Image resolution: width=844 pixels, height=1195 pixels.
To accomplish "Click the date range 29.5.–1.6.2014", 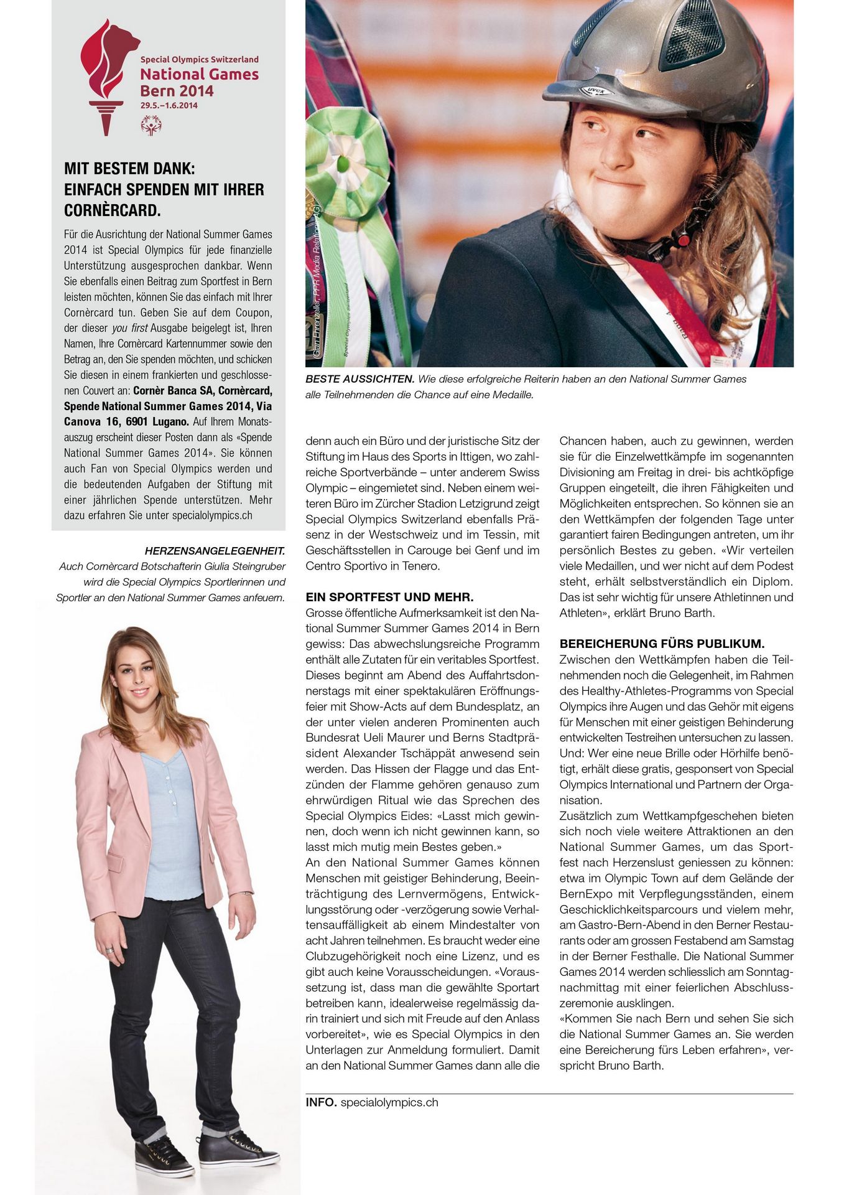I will pyautogui.click(x=169, y=105).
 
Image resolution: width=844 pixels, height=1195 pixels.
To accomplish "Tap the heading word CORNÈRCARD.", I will pyautogui.click(x=113, y=210).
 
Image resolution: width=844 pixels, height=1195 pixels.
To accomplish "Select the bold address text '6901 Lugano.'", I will pyautogui.click(x=159, y=422).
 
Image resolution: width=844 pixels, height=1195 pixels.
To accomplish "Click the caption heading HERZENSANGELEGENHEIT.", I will pyautogui.click(x=215, y=551).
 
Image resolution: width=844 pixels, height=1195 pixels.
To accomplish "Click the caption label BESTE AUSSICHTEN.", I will pyautogui.click(x=359, y=379).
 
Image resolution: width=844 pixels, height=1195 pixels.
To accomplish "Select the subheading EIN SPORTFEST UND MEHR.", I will pyautogui.click(x=389, y=597).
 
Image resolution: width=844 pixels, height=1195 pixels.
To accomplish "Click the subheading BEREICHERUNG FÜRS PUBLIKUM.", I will pyautogui.click(x=662, y=644).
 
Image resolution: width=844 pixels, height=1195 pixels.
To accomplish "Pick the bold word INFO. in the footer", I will pyautogui.click(x=321, y=1102).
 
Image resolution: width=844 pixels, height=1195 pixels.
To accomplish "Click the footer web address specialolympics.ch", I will pyautogui.click(x=389, y=1102).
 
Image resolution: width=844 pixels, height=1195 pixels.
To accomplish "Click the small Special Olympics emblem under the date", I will pyautogui.click(x=151, y=124).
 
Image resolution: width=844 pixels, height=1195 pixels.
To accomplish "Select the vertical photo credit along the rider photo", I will pyautogui.click(x=316, y=280).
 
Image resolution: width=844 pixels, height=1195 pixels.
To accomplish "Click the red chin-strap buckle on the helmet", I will pyautogui.click(x=683, y=239).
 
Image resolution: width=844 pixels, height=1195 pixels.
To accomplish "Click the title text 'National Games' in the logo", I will pyautogui.click(x=199, y=75).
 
